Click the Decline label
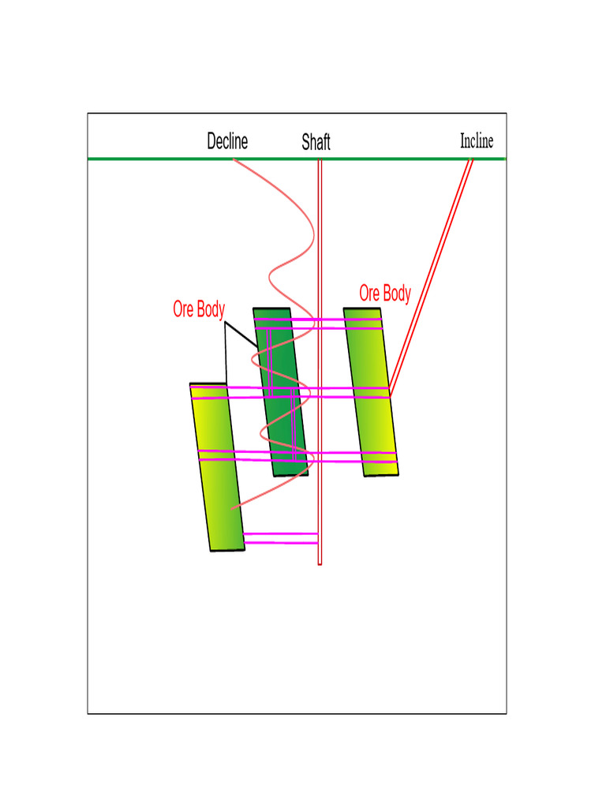click(x=227, y=141)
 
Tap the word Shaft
click(x=316, y=142)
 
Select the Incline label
click(x=477, y=141)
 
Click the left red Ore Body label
click(x=199, y=310)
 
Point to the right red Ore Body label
click(x=385, y=294)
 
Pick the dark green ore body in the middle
click(x=281, y=371)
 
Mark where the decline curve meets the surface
click(x=234, y=159)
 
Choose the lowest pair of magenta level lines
click(x=280, y=538)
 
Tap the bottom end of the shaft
click(x=320, y=563)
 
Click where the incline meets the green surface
click(x=470, y=159)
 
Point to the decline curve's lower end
click(x=232, y=509)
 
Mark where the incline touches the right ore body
click(x=390, y=395)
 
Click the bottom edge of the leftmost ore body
click(x=227, y=549)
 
